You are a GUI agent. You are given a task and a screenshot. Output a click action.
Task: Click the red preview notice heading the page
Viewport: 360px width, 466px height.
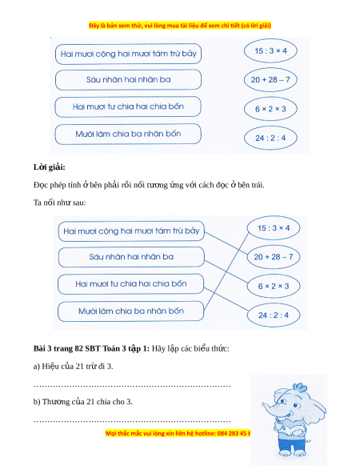[180, 26]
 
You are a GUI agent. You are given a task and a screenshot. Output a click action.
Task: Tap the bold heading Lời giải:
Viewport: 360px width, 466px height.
[50, 167]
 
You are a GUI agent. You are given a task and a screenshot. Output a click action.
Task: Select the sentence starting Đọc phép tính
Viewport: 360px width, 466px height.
[149, 185]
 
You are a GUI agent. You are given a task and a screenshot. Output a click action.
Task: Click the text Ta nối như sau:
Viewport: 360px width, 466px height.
[59, 203]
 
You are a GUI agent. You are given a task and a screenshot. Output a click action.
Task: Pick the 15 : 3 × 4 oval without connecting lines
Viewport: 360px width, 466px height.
[270, 50]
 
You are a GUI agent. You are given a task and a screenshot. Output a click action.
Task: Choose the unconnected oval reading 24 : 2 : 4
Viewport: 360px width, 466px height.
[270, 138]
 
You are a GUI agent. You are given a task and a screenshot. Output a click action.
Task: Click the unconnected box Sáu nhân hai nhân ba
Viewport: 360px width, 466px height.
[128, 79]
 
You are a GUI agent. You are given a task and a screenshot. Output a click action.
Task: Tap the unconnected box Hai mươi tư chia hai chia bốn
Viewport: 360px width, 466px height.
[128, 106]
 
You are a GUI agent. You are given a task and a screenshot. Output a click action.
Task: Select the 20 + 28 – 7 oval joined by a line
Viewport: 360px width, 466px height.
[274, 257]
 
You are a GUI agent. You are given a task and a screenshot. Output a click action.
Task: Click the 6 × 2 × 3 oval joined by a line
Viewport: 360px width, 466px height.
[274, 286]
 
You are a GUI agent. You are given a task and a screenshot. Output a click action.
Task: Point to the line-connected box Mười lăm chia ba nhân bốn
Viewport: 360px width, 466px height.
[131, 311]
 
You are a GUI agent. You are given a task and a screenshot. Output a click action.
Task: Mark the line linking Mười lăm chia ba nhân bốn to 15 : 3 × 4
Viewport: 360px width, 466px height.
[227, 271]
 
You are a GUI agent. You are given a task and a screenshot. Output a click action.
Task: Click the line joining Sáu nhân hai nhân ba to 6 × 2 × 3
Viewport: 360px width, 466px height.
[226, 272]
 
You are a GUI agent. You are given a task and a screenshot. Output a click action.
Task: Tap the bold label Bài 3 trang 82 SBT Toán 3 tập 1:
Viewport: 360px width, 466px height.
[91, 348]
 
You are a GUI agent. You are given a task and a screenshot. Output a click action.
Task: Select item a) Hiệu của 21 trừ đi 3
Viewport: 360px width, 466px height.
[73, 366]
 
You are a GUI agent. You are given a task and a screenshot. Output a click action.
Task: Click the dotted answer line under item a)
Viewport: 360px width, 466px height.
[132, 386]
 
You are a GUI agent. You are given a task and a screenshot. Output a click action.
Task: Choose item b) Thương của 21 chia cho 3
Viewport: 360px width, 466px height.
[83, 401]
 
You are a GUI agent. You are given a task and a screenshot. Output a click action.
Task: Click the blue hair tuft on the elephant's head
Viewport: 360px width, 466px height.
[299, 388]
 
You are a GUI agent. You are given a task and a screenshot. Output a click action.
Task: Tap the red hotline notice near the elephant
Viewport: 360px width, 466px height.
[178, 433]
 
